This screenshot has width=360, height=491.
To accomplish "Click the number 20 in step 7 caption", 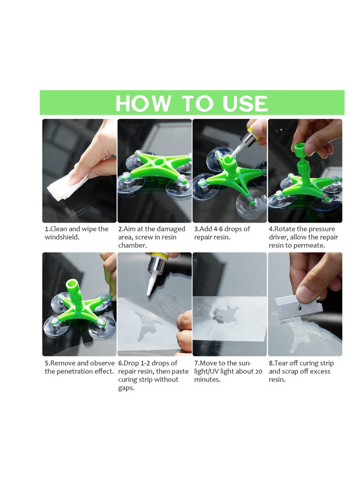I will [x=258, y=371].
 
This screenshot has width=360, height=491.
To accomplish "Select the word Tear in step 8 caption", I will [x=283, y=363].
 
